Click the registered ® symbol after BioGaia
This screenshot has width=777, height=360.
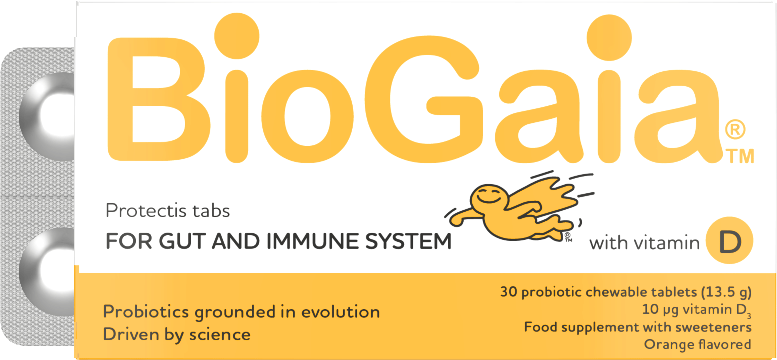click(735, 129)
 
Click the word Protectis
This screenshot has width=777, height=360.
click(146, 211)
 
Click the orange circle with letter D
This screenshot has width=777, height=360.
click(729, 240)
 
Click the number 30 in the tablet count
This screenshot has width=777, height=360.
click(508, 291)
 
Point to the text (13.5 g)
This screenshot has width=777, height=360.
click(726, 292)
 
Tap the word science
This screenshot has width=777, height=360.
click(220, 334)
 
